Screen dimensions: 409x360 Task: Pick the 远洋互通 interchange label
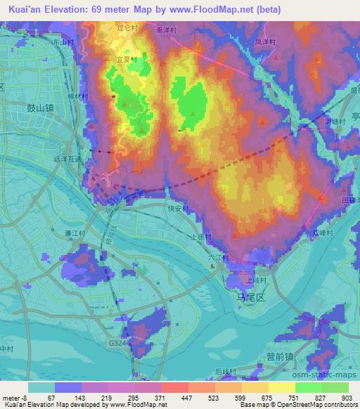67,160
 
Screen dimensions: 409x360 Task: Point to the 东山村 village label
63,43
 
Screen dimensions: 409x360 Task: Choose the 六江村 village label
218,258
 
